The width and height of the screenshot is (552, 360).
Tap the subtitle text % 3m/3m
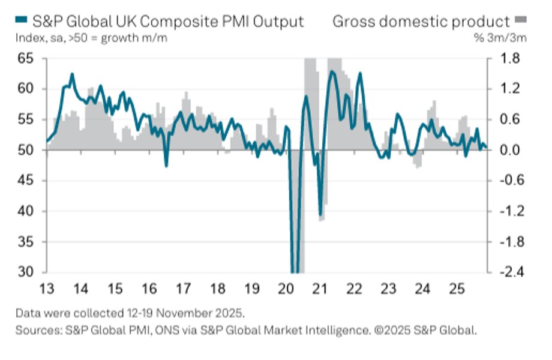coord(508,40)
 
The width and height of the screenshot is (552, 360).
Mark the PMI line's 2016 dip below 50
coord(166,165)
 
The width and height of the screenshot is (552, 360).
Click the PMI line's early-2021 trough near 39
coord(320,215)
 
